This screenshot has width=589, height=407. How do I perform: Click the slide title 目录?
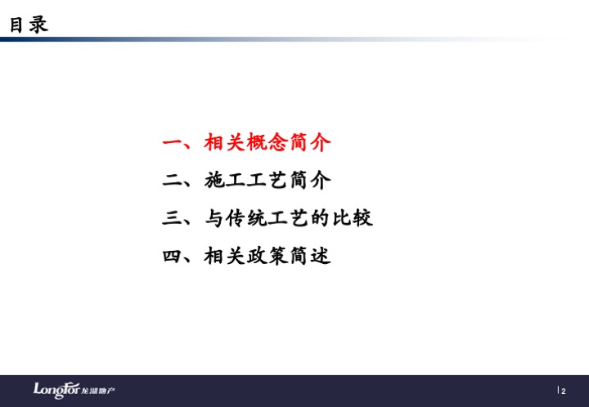pos(29,25)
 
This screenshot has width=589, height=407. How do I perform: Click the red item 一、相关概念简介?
pos(246,142)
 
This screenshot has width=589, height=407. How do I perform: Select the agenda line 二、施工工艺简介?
pos(246,180)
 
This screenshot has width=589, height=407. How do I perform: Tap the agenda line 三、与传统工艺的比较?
pos(268,218)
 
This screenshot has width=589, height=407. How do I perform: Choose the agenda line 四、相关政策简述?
pos(246,256)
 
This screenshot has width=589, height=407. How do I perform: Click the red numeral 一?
pos(172,143)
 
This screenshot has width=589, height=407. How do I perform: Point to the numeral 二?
pos(172,181)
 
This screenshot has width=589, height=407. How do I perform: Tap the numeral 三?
pos(172,218)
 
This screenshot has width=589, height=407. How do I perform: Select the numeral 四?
pos(172,256)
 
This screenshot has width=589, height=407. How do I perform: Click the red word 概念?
pos(268,142)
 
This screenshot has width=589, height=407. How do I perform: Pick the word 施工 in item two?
pos(225,180)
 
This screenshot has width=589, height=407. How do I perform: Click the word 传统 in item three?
pos(246,218)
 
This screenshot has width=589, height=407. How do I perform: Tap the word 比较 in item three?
pos(353,218)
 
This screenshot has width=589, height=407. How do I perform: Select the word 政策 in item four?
pos(268,256)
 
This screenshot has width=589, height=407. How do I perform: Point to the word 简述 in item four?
pos(310,256)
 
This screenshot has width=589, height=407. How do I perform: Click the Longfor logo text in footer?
pos(56,390)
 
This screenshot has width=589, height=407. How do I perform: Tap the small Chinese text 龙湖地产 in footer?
pos(98,391)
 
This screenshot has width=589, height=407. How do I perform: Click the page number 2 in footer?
pos(564,391)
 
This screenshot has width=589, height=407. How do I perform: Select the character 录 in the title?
pos(39,25)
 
